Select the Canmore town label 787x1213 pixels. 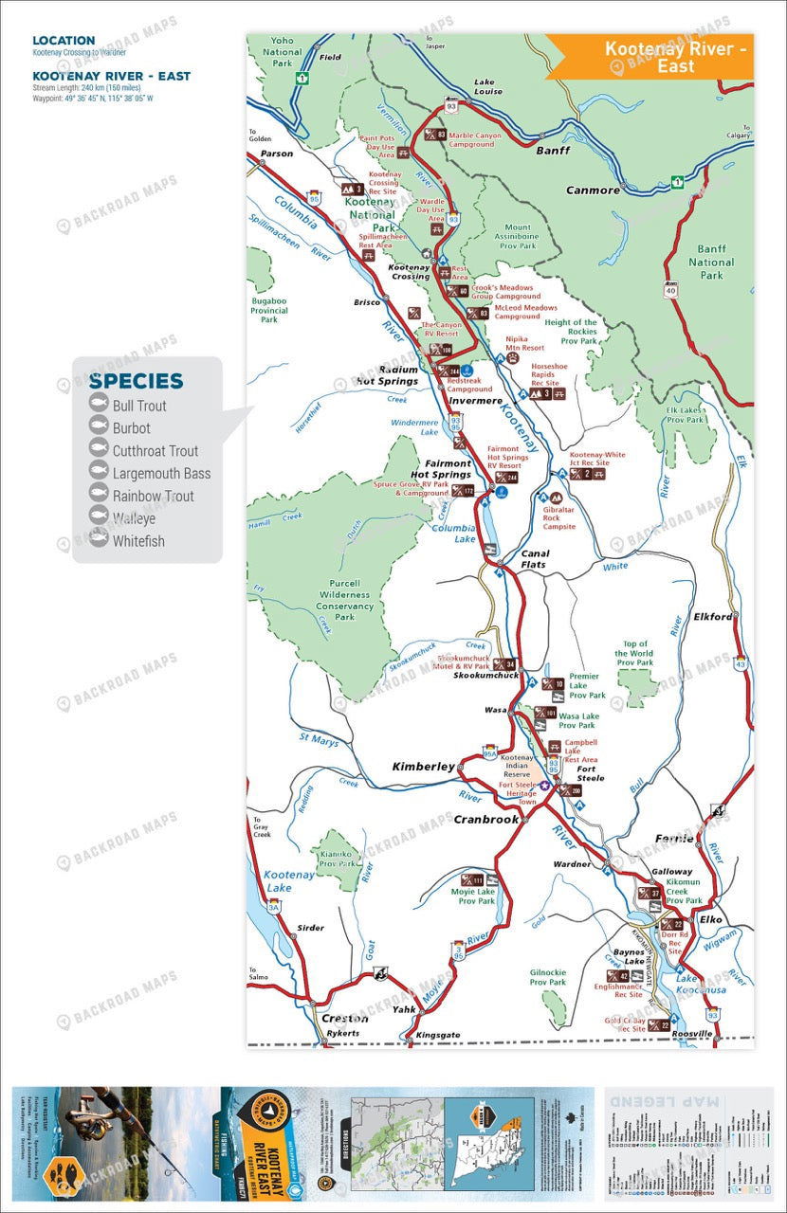(x=593, y=190)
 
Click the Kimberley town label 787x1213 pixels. (x=424, y=767)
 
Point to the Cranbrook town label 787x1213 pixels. (x=485, y=819)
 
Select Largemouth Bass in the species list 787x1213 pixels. (x=161, y=474)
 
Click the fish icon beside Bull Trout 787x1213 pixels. (x=98, y=405)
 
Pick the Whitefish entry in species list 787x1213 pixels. (x=138, y=542)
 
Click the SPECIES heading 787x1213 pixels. (x=136, y=381)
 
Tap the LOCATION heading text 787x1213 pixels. (x=64, y=41)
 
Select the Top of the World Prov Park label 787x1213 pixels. (x=634, y=652)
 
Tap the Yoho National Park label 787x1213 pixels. (x=283, y=52)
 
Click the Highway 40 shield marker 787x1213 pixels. (x=671, y=290)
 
